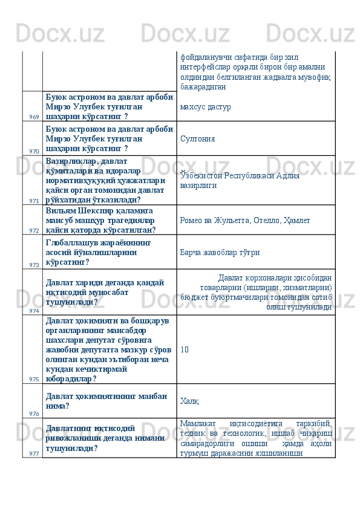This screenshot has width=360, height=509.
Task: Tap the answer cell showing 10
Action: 184,349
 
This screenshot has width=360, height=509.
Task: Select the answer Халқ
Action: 190,401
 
